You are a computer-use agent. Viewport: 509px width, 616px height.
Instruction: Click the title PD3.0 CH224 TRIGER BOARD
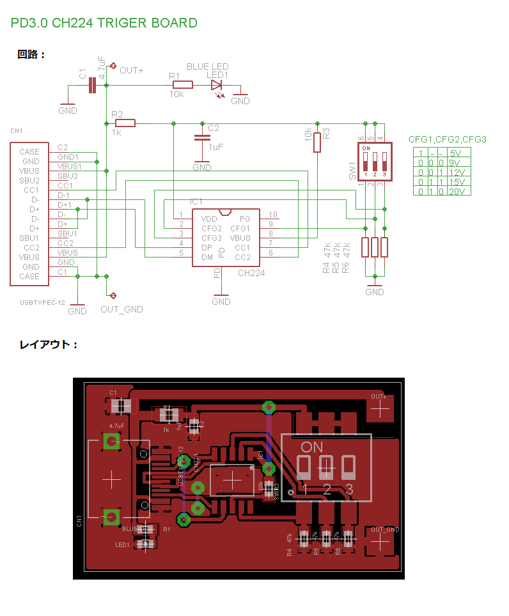point(104,23)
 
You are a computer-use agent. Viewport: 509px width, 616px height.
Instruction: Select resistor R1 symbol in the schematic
point(182,84)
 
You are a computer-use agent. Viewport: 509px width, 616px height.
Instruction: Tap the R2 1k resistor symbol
point(125,123)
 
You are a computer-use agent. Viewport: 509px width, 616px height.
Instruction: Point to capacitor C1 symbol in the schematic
point(92,84)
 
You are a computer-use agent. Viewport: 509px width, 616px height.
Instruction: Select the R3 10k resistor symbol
point(317,142)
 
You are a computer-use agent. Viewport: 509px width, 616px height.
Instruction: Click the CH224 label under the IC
point(251,273)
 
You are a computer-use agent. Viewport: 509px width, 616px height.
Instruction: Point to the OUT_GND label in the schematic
point(121,309)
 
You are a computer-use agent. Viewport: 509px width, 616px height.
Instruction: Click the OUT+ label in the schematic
point(131,70)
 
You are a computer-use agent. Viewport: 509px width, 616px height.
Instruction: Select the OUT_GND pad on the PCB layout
point(381,541)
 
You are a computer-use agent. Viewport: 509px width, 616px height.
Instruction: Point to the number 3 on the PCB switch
point(348,489)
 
